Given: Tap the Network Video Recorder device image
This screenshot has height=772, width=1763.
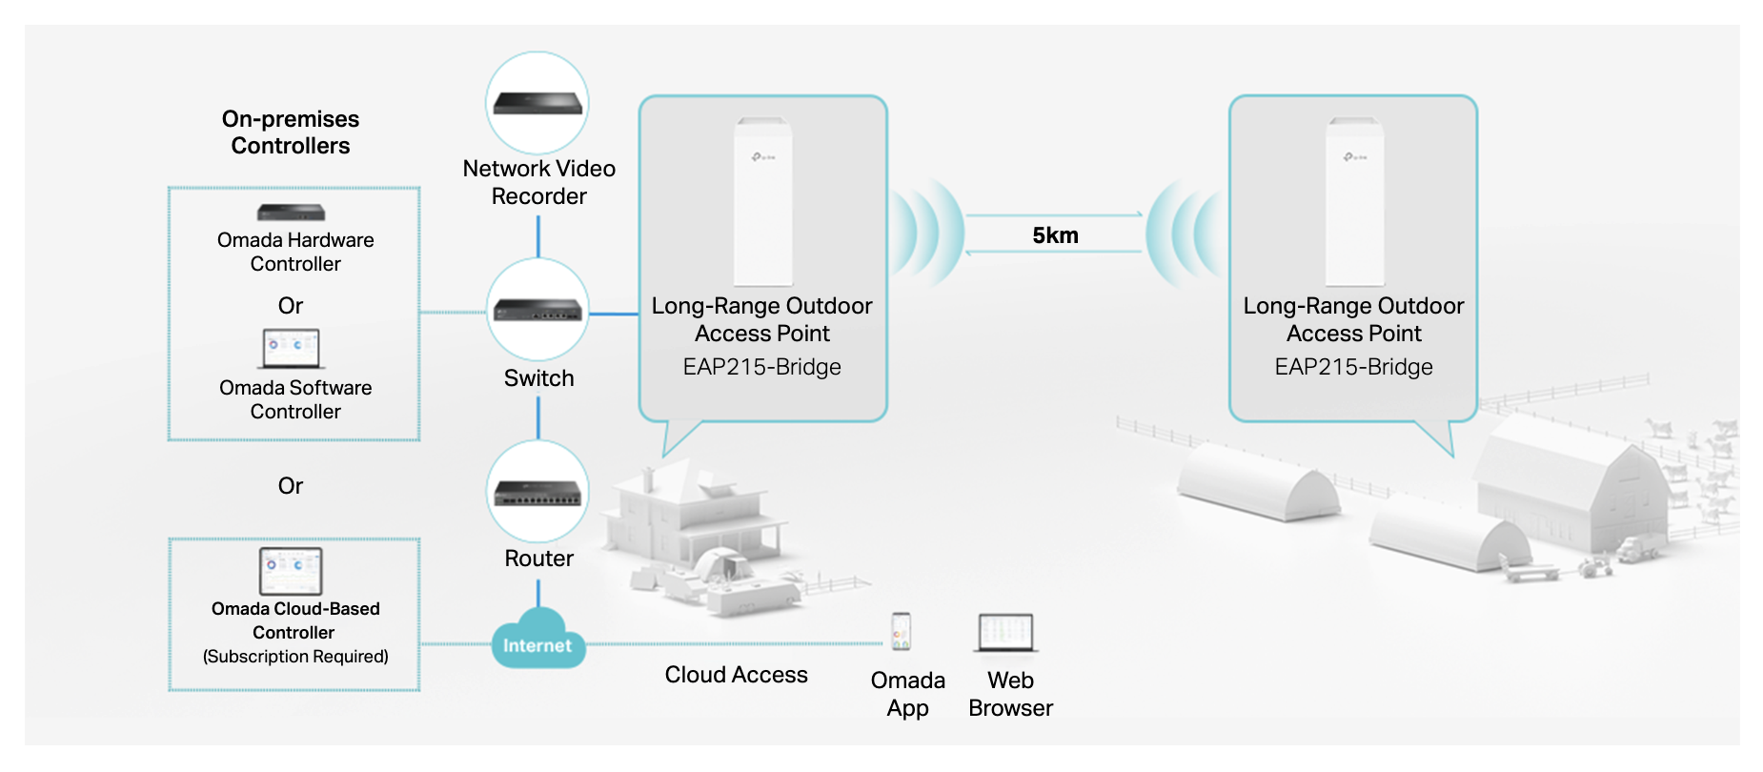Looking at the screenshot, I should tap(537, 103).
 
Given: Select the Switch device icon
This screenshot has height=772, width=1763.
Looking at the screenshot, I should tap(537, 310).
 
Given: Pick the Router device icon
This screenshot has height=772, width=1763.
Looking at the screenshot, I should tap(537, 492).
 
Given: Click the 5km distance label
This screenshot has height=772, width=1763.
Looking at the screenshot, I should tap(1055, 235).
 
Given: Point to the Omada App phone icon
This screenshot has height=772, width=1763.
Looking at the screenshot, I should tap(901, 632).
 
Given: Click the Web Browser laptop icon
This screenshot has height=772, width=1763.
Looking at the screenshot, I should tap(1006, 633).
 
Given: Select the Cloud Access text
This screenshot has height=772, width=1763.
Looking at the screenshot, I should tap(736, 675).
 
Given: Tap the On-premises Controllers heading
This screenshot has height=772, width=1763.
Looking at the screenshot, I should tap(291, 132).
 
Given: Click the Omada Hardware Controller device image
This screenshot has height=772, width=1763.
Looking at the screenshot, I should tap(291, 213).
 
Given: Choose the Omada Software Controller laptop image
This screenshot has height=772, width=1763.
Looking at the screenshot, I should tap(292, 349).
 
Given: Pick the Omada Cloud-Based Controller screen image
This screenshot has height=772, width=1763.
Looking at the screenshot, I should tap(291, 570).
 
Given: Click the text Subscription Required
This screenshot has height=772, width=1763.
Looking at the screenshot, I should tap(295, 657).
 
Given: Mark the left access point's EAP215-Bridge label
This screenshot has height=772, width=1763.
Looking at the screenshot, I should tap(762, 367).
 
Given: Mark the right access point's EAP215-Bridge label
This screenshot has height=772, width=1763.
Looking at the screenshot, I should tap(1353, 367).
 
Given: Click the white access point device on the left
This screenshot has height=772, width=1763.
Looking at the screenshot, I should tap(762, 202).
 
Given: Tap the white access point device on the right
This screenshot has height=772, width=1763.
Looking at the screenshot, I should tap(1354, 202).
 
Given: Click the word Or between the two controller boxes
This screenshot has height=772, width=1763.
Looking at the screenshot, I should tap(291, 486).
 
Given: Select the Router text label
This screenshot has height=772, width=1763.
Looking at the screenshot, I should tap(538, 559).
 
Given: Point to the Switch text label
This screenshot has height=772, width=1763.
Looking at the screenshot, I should tap(538, 378).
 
